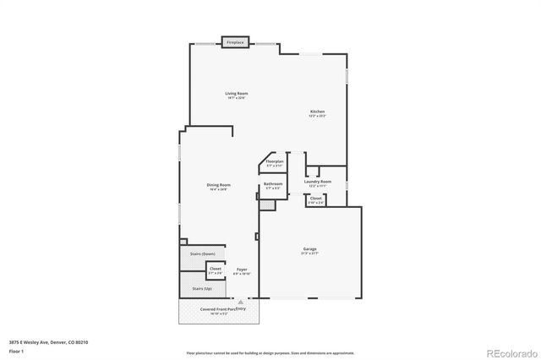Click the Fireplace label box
click(235, 42)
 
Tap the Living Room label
click(236, 95)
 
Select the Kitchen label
click(317, 113)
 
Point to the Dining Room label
click(219, 187)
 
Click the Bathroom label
click(272, 185)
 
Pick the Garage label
click(310, 250)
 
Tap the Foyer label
click(242, 271)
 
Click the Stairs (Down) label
click(202, 254)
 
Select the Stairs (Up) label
click(202, 288)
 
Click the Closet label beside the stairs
click(216, 270)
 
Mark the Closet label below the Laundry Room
click(315, 200)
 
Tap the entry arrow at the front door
click(240, 300)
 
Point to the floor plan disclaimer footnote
click(270, 352)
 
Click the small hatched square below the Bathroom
click(267, 205)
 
